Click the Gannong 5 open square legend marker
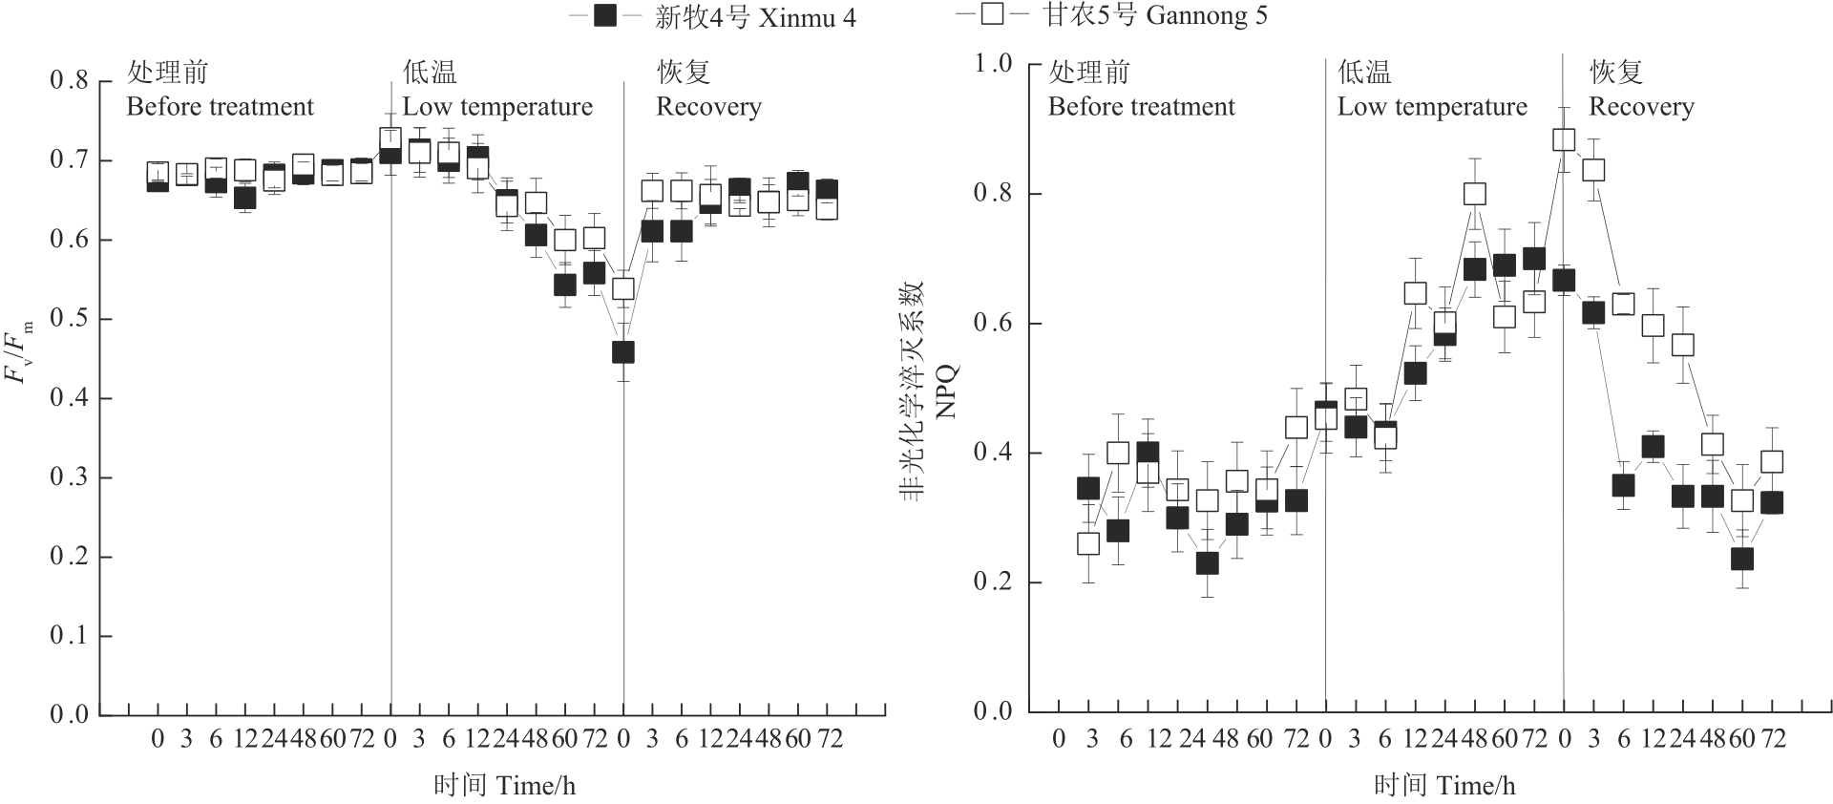[992, 16]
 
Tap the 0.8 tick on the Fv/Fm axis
[69, 81]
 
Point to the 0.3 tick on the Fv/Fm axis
[69, 477]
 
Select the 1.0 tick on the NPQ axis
[993, 64]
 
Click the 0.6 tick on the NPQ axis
[993, 324]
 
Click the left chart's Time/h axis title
[504, 786]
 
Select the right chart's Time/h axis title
[1444, 786]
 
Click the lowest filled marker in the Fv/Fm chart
[622, 352]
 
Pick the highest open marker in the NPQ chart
[1564, 139]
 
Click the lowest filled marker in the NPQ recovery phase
[1742, 559]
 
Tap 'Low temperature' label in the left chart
[497, 107]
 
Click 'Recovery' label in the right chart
[1641, 107]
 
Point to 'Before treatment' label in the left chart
[220, 107]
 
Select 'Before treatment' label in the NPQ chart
[1142, 107]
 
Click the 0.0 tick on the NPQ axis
[993, 711]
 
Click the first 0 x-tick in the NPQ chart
[1059, 738]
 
